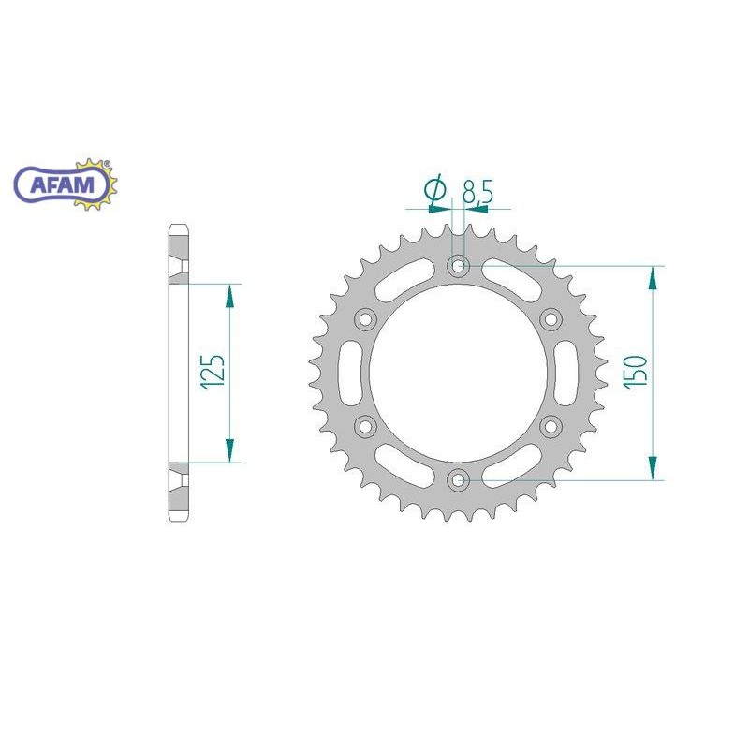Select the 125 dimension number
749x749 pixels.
(213, 372)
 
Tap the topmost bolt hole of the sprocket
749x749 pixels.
(458, 266)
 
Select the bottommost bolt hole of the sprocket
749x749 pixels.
(458, 480)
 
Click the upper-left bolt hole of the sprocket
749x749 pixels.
(365, 319)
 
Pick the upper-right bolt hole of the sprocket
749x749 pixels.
(551, 319)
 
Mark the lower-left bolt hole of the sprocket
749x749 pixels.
(365, 426)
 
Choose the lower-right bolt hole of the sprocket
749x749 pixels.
(551, 426)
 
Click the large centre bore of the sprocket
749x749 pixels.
(458, 373)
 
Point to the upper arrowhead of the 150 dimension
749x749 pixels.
(654, 277)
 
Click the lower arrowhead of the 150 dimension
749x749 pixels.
(654, 469)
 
